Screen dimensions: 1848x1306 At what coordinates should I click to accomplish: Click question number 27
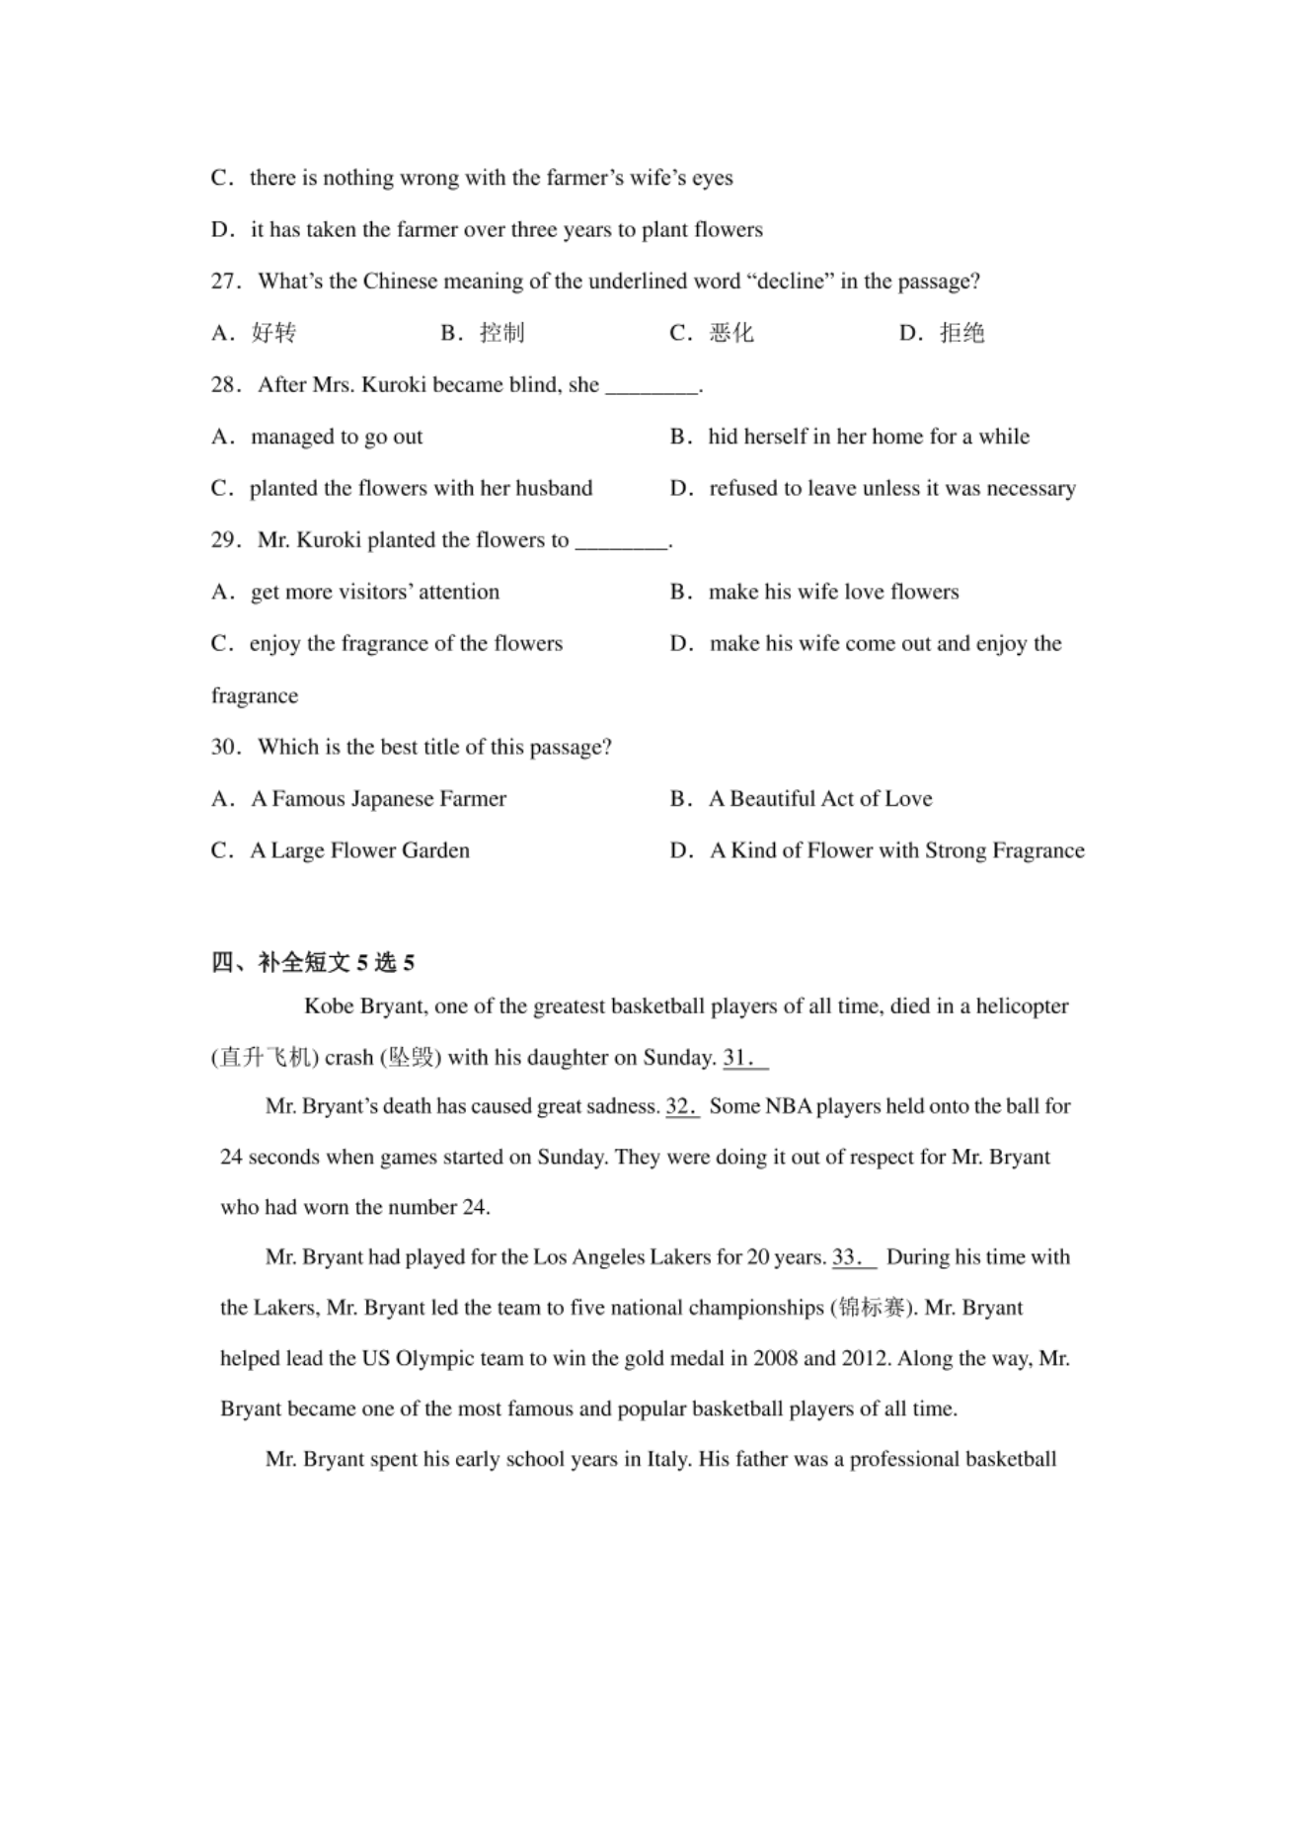pos(225,281)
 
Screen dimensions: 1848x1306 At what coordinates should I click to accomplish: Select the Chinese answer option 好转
pos(273,333)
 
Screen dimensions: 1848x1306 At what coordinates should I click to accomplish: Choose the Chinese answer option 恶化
pos(731,333)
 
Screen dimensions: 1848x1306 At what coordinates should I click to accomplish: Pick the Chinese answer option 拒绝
pos(961,333)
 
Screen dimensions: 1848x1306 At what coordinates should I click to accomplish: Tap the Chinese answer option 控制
pos(502,333)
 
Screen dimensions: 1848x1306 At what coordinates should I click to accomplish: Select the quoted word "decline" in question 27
pos(791,281)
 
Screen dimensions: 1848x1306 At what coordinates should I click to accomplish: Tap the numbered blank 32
pos(682,1106)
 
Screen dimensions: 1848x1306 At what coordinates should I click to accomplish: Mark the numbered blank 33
pos(854,1257)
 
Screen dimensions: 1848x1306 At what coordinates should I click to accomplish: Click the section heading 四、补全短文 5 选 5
pos(313,962)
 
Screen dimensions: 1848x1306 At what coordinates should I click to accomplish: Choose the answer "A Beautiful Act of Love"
pos(819,799)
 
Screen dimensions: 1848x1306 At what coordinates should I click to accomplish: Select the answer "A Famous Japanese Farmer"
pos(378,799)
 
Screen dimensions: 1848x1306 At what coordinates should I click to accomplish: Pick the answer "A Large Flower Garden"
pos(359,850)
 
